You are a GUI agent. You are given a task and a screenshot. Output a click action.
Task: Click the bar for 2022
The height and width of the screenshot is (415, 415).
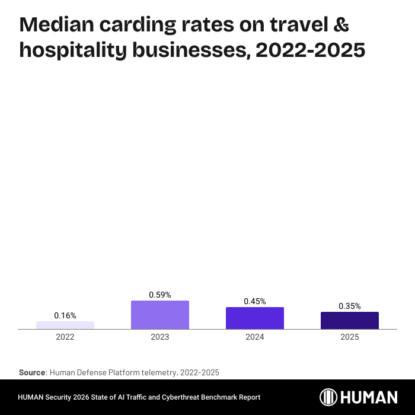(65, 325)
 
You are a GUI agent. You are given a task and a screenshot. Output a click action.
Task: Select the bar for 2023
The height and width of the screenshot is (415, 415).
(160, 315)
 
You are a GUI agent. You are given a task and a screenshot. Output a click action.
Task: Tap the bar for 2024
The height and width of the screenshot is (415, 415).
(255, 318)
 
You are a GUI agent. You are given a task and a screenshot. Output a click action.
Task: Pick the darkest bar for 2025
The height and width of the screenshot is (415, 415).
(350, 320)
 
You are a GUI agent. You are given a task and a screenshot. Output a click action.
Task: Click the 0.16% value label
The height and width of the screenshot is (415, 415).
(65, 315)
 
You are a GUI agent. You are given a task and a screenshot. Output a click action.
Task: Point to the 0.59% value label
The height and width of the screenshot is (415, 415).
(160, 295)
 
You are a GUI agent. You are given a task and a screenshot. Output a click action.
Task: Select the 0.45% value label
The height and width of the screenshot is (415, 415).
(255, 301)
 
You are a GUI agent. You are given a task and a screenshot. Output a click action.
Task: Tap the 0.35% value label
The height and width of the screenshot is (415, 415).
(350, 306)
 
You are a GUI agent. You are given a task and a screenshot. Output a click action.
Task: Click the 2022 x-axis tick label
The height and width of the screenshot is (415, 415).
(65, 337)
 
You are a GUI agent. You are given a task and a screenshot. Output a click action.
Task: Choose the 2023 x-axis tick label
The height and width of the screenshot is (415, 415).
(160, 337)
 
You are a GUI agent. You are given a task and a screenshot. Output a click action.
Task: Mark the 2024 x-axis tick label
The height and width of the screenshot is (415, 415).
(255, 337)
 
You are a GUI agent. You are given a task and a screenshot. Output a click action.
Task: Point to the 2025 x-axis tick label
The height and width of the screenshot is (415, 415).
(350, 337)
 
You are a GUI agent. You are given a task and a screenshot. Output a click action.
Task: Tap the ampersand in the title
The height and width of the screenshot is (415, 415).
(340, 25)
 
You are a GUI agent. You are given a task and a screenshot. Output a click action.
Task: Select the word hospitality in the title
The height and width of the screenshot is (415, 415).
(75, 51)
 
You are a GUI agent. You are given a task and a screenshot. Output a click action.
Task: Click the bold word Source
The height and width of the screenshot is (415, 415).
(32, 372)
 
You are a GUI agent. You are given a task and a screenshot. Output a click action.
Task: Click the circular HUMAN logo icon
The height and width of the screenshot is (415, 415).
(329, 397)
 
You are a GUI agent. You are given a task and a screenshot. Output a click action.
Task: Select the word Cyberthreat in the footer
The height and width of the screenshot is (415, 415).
(189, 397)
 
